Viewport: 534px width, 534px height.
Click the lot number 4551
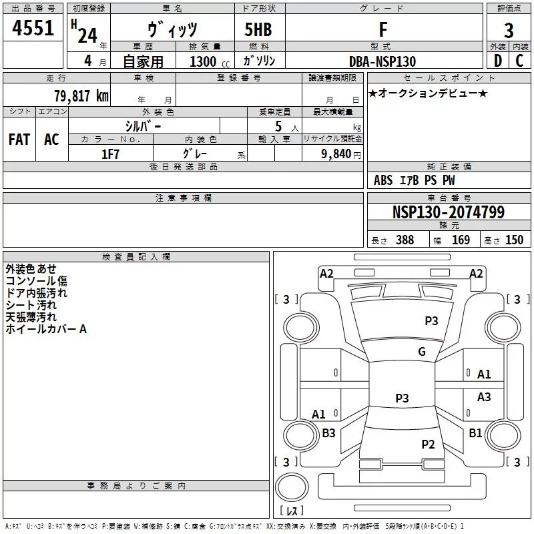(33, 29)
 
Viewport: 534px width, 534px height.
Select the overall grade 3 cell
(509, 31)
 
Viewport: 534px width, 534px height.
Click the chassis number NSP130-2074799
(448, 213)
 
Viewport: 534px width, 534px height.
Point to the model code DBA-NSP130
(382, 61)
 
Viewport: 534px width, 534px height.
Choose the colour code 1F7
(110, 154)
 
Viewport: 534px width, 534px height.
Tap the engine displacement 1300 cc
(207, 62)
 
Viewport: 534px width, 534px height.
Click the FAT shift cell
(19, 140)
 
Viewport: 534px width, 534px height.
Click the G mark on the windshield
(422, 352)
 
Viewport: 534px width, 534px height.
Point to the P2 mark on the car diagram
(428, 445)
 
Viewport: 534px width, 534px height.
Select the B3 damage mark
(328, 433)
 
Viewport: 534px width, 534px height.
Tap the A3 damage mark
(484, 397)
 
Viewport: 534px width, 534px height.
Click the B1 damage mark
(475, 433)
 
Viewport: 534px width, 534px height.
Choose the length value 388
(405, 240)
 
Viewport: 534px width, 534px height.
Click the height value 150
(514, 240)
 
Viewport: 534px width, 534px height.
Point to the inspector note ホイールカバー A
(46, 329)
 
